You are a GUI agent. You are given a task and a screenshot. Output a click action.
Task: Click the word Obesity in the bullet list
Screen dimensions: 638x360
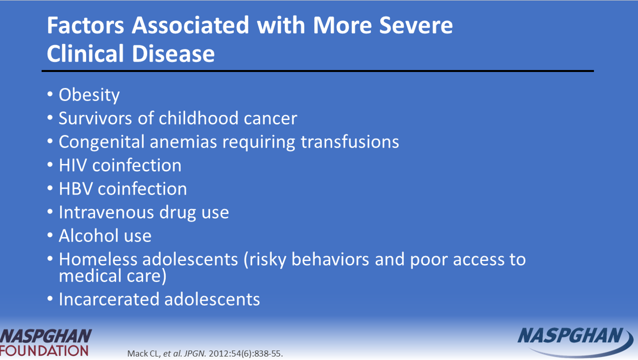pyautogui.click(x=89, y=95)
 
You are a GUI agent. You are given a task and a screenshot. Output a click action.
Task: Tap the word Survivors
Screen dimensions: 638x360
pyautogui.click(x=95, y=118)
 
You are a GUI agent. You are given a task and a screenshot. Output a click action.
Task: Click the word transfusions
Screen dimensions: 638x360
pyautogui.click(x=350, y=142)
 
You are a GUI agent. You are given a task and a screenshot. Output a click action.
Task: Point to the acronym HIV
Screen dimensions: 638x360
pyautogui.click(x=73, y=165)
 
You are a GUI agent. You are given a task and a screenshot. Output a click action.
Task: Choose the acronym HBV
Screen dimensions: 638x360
pyautogui.click(x=75, y=189)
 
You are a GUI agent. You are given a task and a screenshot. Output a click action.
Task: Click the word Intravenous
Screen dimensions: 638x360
pyautogui.click(x=106, y=212)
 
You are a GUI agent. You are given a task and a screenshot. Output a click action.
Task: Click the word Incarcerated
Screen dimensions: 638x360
pyautogui.click(x=108, y=299)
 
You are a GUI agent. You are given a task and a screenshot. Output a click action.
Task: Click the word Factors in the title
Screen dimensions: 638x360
pyautogui.click(x=85, y=25)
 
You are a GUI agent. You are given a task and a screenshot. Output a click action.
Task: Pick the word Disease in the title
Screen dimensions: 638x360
pyautogui.click(x=173, y=53)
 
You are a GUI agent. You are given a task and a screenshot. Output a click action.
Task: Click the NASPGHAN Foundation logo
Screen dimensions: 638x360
pyautogui.click(x=46, y=343)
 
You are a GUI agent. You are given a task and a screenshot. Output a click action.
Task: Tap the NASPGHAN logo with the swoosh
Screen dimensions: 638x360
pyautogui.click(x=575, y=342)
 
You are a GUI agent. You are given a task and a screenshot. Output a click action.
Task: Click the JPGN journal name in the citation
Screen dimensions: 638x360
pyautogui.click(x=195, y=354)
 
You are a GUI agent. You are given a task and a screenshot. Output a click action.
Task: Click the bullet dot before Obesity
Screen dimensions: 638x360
pyautogui.click(x=50, y=94)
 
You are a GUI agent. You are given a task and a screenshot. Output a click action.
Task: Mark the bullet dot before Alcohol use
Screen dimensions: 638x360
pyautogui.click(x=50, y=235)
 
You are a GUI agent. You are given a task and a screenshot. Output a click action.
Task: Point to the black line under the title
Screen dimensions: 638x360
pyautogui.click(x=318, y=71)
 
